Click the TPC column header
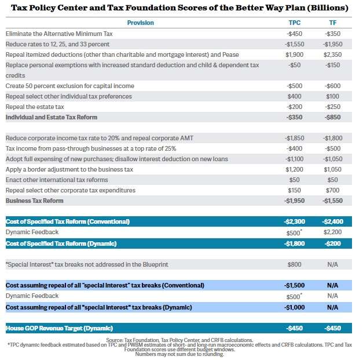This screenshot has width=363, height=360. click(x=294, y=23)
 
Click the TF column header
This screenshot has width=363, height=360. click(x=332, y=23)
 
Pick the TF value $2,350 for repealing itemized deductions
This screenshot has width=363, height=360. click(x=332, y=54)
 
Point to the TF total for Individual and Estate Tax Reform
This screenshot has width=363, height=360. click(x=332, y=117)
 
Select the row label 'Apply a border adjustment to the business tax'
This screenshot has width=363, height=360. click(x=69, y=169)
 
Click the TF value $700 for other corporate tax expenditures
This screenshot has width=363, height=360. click(x=332, y=190)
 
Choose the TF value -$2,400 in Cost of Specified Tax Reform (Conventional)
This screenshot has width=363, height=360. click(x=332, y=221)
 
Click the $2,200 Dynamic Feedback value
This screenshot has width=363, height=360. click(x=332, y=232)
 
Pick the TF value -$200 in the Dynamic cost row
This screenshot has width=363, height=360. click(x=332, y=243)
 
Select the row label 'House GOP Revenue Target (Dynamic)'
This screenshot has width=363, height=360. click(x=59, y=328)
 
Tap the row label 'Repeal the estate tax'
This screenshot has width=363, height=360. click(x=35, y=107)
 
